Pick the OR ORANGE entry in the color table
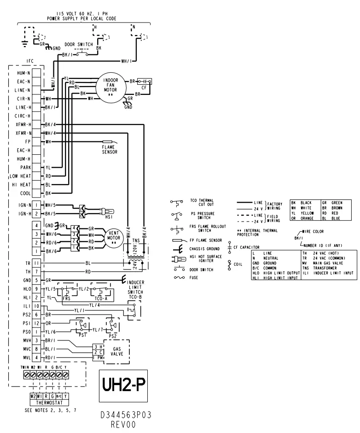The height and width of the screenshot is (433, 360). tap(301, 218)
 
